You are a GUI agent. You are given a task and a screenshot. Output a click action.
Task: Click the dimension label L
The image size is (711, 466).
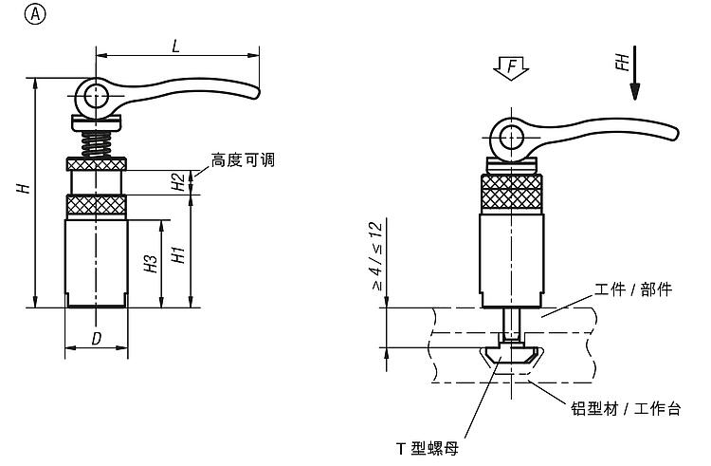coord(177,44)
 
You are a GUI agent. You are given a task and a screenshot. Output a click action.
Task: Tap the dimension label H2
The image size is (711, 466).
coord(177,182)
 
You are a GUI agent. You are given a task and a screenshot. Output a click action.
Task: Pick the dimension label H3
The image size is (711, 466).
coord(150,264)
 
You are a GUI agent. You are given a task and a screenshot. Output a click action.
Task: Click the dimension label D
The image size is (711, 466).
coord(96,339)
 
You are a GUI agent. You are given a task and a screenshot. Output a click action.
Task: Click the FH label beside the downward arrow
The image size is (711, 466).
coord(620,64)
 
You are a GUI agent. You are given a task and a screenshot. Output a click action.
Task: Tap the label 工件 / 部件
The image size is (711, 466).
coord(631,289)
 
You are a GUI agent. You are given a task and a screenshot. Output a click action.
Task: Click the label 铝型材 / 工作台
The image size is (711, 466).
coord(626,408)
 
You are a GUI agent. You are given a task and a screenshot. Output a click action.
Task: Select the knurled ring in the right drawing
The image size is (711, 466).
coord(511,193)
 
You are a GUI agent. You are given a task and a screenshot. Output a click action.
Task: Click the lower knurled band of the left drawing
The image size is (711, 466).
coord(96,206)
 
